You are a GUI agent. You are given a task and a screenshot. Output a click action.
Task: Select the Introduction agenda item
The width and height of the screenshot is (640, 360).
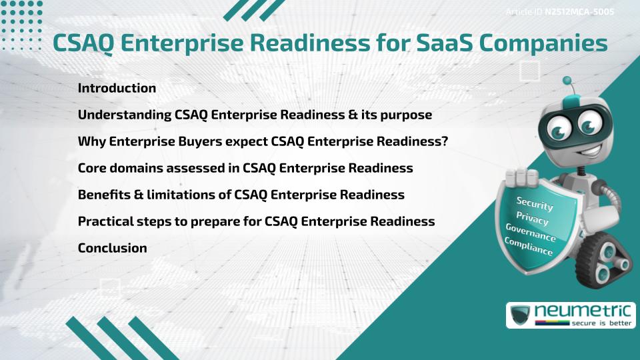[x=117, y=88]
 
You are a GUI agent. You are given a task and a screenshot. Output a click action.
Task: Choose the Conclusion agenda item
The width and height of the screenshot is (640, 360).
[x=112, y=248]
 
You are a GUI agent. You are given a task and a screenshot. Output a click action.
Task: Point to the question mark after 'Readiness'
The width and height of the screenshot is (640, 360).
[x=444, y=141]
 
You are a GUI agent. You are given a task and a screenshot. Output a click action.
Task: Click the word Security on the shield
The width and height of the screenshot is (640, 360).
[x=535, y=204]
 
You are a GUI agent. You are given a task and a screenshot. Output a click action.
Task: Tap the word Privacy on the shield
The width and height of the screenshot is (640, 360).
[x=532, y=219]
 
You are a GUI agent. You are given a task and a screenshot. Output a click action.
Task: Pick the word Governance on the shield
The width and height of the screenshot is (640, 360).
[x=530, y=233]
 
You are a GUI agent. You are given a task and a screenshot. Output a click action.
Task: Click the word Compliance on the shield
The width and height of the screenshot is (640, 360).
[x=528, y=247]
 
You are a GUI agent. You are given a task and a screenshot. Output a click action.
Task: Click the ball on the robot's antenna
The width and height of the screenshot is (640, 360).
[x=567, y=81]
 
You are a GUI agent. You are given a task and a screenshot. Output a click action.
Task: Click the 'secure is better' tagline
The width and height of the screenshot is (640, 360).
[x=600, y=323]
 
